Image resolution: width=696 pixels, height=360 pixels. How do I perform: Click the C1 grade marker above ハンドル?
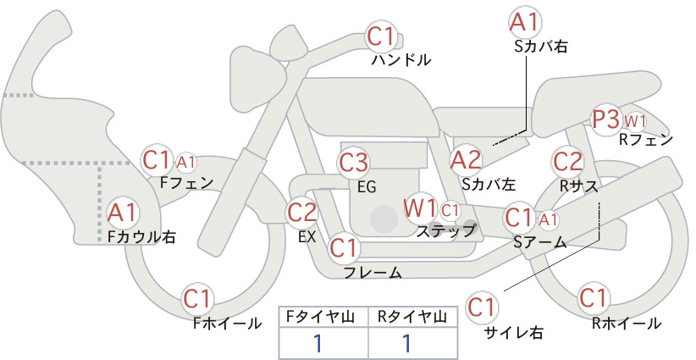coord(381,36)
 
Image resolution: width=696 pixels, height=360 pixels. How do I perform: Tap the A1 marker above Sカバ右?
coord(525,22)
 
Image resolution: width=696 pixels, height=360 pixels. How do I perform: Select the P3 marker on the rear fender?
coord(606,119)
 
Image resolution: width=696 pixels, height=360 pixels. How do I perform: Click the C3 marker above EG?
coord(353,163)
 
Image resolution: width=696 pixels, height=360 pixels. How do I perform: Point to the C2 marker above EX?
coord(301,212)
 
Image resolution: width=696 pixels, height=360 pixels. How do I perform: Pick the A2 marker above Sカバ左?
coord(466,160)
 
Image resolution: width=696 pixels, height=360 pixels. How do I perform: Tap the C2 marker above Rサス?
coord(567,162)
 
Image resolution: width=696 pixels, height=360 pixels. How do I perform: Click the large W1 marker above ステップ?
coord(420,208)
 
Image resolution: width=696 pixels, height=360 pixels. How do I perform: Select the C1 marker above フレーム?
coord(344,247)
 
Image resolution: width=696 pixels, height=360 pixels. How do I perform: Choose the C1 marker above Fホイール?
coord(197,299)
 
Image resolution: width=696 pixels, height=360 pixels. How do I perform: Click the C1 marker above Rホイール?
coord(593,298)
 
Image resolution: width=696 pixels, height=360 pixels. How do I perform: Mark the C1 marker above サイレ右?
coord(482,307)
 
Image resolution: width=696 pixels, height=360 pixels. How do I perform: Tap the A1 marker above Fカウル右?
coord(123,213)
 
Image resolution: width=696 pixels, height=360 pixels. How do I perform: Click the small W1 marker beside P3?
coord(635,121)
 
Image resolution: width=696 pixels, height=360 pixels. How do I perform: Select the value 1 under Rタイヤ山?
coord(406,343)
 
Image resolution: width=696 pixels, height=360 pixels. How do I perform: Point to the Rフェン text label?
coord(646,141)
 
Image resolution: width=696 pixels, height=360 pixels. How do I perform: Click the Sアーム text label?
coord(540,242)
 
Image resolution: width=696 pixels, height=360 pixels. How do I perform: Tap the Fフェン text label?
coord(186,183)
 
